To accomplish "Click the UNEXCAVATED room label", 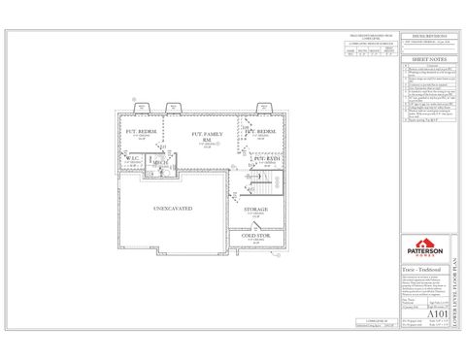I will pyautogui.click(x=172, y=209).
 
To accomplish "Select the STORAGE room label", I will pyautogui.click(x=243, y=209).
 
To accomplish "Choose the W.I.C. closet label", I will pyautogui.click(x=134, y=158).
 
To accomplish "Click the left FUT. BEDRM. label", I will pyautogui.click(x=142, y=131).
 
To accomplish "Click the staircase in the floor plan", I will pyautogui.click(x=258, y=181).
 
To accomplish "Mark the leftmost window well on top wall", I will pyautogui.click(x=142, y=108).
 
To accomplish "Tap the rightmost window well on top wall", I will pyautogui.click(x=263, y=108).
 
